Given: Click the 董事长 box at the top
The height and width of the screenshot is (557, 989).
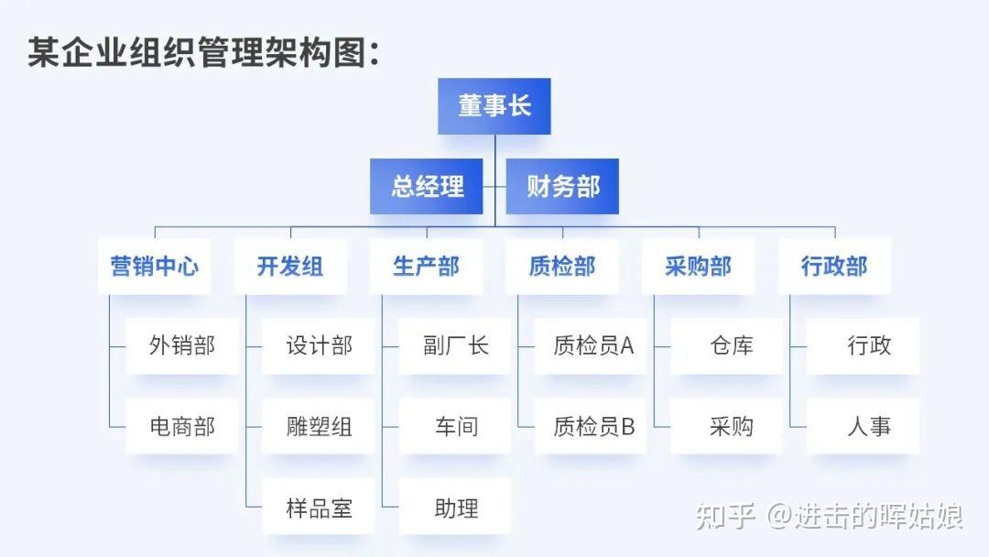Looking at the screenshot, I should click(x=494, y=106).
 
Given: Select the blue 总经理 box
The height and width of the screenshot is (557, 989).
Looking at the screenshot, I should click(x=427, y=187).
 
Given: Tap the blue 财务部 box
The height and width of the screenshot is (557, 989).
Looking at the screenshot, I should click(x=562, y=187).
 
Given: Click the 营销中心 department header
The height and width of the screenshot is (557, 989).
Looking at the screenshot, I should click(x=154, y=267).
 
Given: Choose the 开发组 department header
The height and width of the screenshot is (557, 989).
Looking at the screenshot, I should click(x=290, y=267).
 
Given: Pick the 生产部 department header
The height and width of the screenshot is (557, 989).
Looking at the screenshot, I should click(x=426, y=267).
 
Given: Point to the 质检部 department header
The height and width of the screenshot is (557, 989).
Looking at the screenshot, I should click(x=562, y=267).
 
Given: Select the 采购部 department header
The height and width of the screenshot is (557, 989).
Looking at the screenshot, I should click(x=698, y=267).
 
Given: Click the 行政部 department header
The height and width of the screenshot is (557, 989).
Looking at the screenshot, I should click(x=834, y=267).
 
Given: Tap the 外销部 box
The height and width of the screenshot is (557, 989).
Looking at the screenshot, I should click(x=182, y=346).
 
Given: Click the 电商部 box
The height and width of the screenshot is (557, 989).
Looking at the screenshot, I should click(x=182, y=426).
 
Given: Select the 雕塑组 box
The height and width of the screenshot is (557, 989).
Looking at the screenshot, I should click(x=319, y=426).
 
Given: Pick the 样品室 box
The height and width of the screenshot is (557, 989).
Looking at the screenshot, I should click(x=319, y=507).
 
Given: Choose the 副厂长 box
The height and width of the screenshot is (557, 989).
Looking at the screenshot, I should click(x=455, y=346).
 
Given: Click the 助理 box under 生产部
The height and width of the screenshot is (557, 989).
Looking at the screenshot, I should click(x=455, y=507).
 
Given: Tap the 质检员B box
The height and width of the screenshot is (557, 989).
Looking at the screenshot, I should click(x=591, y=426).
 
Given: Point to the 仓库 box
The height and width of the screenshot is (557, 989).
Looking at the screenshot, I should click(x=727, y=346).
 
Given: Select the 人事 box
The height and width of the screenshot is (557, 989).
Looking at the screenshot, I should click(x=863, y=426).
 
